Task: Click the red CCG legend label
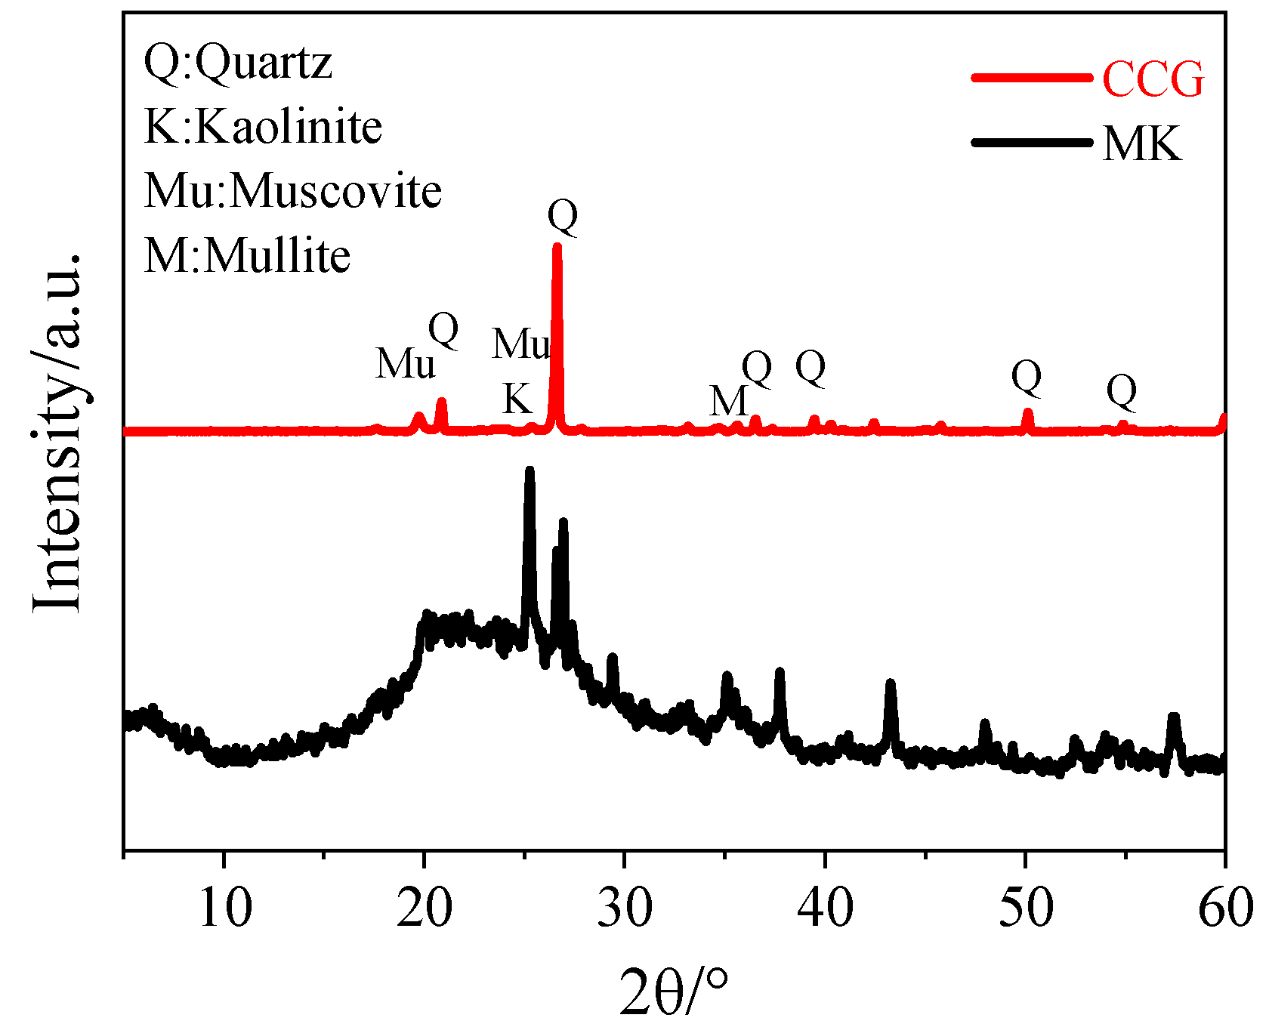[1153, 79]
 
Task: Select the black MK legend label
[1141, 143]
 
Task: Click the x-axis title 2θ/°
[675, 991]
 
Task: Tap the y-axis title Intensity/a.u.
[57, 432]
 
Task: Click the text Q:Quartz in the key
[238, 62]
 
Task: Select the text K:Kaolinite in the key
[263, 126]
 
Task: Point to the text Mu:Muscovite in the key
[293, 190]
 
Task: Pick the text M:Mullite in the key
[247, 255]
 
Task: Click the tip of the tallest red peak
[557, 245]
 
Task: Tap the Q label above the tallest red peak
[563, 217]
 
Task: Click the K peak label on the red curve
[517, 398]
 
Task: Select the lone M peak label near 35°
[728, 400]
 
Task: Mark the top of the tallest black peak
[530, 470]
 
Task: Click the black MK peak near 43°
[891, 683]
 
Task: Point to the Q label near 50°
[1027, 377]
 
